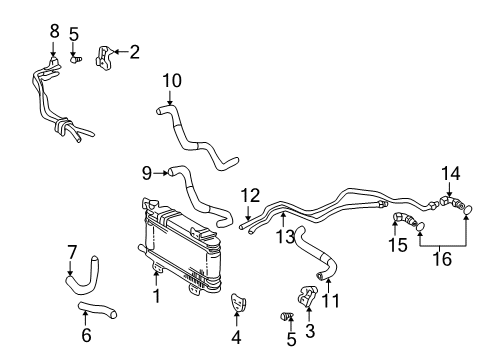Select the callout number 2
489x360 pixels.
click(x=135, y=50)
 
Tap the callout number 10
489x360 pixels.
click(x=171, y=79)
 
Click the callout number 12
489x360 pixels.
click(x=251, y=194)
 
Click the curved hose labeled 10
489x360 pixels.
click(x=200, y=139)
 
